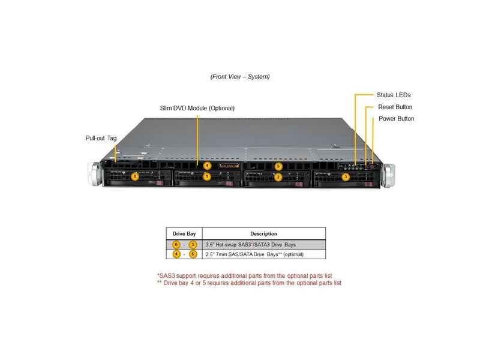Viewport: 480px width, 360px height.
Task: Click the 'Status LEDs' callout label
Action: (x=394, y=95)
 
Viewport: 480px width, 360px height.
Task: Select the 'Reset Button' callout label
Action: (x=395, y=107)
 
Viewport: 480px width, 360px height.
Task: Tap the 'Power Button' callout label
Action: (x=396, y=119)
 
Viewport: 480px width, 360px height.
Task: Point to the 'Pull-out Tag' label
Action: (x=101, y=138)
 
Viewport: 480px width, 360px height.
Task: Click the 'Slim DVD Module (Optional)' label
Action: (x=197, y=108)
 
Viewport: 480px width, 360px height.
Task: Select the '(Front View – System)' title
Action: (x=240, y=77)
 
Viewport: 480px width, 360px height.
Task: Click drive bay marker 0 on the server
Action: (x=135, y=176)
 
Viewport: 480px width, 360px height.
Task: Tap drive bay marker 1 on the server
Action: (x=206, y=176)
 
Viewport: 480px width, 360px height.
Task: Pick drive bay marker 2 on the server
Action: (x=278, y=177)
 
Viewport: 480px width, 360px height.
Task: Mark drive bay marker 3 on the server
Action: (x=346, y=177)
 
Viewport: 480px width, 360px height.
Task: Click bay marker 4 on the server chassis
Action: (x=207, y=165)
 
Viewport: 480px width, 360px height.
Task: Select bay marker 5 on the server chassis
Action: (x=278, y=166)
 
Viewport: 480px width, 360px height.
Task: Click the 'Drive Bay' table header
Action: (x=184, y=233)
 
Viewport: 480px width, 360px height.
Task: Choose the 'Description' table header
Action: (x=263, y=233)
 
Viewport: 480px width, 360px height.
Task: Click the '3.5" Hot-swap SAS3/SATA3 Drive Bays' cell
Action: (x=250, y=245)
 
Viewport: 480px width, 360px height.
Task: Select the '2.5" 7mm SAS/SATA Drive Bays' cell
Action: (x=254, y=254)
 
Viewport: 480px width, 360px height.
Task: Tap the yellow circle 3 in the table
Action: (x=193, y=245)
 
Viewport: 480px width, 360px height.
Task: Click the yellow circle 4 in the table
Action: (x=176, y=254)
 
